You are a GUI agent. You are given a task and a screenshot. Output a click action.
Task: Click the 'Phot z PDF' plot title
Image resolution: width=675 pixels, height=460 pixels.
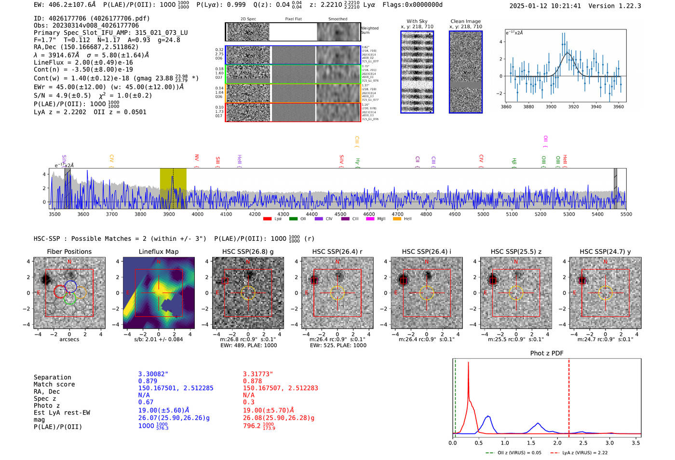(x=547, y=353)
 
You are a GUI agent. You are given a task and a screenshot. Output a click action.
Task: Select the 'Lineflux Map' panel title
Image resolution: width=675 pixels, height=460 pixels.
(x=158, y=251)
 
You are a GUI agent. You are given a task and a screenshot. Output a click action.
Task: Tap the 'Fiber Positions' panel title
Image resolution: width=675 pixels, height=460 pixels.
(x=69, y=251)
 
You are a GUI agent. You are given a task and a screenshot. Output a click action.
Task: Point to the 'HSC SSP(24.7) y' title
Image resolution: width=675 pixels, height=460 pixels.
(x=605, y=251)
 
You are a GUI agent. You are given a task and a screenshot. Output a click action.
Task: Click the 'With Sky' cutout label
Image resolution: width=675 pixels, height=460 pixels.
(x=417, y=21)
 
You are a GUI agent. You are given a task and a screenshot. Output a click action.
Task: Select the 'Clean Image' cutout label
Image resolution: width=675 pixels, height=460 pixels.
(x=465, y=21)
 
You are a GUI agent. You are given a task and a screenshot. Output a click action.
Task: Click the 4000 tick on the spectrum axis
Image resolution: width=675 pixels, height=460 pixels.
(x=197, y=214)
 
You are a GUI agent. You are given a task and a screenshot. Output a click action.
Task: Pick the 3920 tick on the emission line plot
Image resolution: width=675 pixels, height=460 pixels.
(x=573, y=107)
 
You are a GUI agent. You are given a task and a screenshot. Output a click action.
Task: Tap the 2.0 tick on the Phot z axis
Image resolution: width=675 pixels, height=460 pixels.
(x=557, y=443)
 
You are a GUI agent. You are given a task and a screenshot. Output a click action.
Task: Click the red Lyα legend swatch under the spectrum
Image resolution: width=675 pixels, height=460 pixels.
(x=267, y=219)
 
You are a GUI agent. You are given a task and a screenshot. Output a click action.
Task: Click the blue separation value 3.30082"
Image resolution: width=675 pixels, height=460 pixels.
(x=153, y=374)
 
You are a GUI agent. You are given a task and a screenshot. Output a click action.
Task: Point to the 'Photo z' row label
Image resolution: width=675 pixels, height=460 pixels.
(x=47, y=405)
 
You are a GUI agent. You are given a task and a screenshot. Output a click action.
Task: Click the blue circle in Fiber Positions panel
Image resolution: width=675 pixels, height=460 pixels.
(x=70, y=286)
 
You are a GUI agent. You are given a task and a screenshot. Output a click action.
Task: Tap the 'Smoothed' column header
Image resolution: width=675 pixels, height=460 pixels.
(x=337, y=19)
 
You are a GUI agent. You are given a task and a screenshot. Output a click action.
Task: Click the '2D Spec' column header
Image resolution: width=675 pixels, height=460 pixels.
(x=248, y=19)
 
